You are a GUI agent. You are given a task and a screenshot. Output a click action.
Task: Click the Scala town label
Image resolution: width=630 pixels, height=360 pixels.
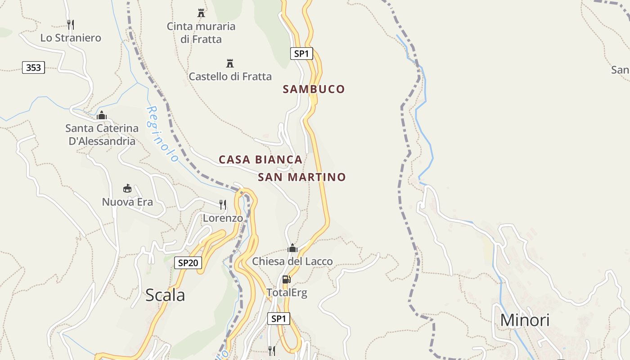[x=165, y=295]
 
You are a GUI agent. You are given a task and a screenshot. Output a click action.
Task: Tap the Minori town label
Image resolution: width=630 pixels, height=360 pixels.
[x=525, y=320]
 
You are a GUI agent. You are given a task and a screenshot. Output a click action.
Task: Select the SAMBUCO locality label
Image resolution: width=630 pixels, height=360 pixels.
[x=314, y=89]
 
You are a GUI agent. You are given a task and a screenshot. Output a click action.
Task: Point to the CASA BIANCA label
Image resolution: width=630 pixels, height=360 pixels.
[x=260, y=159]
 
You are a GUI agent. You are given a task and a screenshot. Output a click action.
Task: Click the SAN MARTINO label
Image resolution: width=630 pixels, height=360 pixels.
[x=301, y=177]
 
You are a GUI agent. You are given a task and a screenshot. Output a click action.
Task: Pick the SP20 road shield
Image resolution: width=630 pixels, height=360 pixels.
[x=188, y=263]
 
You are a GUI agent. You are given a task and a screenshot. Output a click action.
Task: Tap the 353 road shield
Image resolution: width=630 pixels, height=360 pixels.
[x=33, y=68]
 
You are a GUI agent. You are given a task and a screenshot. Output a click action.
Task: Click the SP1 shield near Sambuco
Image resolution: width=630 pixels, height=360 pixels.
[x=301, y=54]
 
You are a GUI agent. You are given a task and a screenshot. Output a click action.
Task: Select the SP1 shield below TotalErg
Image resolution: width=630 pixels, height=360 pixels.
[x=279, y=319]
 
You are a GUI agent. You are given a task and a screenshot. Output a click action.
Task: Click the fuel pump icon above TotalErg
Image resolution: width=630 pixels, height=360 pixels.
[x=286, y=279]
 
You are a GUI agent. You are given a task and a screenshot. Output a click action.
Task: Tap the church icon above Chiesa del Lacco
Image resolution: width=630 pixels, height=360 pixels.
[x=292, y=248]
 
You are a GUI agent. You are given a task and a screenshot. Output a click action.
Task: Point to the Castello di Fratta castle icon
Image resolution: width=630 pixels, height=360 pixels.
[x=230, y=63]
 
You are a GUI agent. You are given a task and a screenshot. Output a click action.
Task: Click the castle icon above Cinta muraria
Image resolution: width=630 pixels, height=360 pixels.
[x=201, y=13]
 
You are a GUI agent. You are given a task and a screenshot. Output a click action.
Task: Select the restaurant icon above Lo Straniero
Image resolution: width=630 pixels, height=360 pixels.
[x=70, y=24]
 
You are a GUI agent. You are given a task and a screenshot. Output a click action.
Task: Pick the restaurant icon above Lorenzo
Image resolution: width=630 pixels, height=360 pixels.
[x=223, y=205]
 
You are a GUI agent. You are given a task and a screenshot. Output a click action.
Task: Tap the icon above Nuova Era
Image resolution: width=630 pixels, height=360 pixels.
[x=127, y=189]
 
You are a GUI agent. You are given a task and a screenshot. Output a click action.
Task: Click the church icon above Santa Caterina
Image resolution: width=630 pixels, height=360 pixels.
[x=102, y=115]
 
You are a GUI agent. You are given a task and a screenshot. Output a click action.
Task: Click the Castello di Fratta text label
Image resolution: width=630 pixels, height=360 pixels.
[x=230, y=76]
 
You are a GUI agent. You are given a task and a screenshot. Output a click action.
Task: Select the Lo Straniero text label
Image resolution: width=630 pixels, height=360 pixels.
[x=71, y=38]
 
